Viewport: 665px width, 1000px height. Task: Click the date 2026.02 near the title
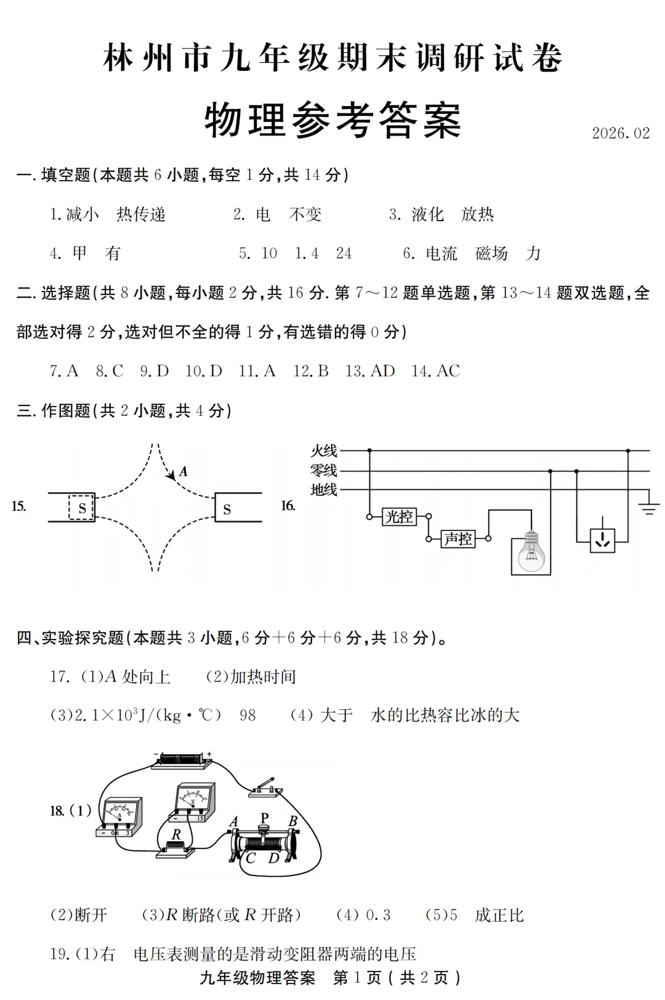(620, 133)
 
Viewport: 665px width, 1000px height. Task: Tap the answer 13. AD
(370, 371)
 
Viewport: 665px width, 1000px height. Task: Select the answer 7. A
(64, 371)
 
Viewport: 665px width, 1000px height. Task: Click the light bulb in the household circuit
(531, 551)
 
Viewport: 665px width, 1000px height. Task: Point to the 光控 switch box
(399, 516)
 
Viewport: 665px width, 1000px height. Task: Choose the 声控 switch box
(458, 539)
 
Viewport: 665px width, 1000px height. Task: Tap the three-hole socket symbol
(602, 540)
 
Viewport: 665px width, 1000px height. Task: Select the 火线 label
(324, 450)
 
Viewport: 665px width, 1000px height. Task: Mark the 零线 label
(324, 471)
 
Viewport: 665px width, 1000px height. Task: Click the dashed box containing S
(81, 508)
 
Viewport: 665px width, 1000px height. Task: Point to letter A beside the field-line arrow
(183, 472)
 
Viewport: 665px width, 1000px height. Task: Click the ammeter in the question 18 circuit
(120, 817)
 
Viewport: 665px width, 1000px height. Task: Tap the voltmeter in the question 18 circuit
(194, 802)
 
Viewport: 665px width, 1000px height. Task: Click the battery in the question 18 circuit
(182, 759)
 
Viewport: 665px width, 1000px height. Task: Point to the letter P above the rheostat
(264, 818)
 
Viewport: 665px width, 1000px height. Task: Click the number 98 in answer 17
(248, 715)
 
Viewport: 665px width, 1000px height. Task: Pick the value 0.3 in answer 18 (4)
(378, 915)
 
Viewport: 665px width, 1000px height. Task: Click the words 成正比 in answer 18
(499, 915)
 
